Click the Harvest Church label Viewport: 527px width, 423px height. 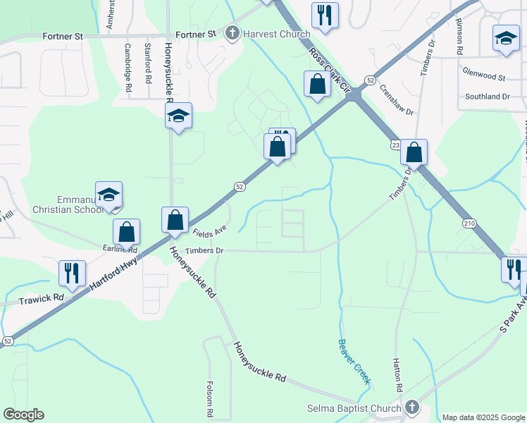(276, 34)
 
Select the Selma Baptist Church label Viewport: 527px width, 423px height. (354, 408)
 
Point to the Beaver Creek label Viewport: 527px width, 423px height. (354, 362)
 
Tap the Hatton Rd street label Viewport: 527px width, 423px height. (397, 374)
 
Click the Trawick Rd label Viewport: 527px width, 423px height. (42, 298)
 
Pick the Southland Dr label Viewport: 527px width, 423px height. (487, 97)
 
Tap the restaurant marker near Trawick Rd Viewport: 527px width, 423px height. (72, 273)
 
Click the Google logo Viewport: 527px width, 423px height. (23, 415)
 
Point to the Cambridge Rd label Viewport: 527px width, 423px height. (128, 68)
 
